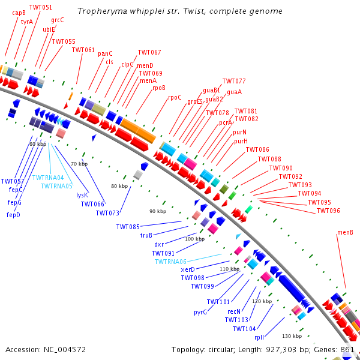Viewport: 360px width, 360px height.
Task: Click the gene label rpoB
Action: (159, 88)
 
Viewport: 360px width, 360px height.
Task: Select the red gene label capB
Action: (19, 13)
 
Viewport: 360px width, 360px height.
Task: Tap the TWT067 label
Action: (149, 52)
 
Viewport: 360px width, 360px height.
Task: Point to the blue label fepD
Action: (13, 215)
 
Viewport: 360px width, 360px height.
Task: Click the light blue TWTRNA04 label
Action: (48, 178)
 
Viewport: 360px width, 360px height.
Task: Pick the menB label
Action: (345, 232)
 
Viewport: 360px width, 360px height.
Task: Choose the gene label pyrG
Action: (200, 313)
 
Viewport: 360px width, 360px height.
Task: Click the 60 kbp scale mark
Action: (38, 144)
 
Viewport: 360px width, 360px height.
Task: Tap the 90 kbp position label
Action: (158, 211)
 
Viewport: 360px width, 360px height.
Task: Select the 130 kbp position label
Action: (292, 336)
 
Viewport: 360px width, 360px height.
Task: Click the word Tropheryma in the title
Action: (102, 11)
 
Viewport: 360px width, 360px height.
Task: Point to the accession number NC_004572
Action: (65, 350)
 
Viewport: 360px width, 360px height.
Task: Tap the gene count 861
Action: (347, 349)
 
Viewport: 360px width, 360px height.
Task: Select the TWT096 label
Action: (328, 211)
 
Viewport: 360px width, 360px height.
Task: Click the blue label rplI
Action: (259, 337)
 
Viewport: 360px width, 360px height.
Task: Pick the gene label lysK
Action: (82, 195)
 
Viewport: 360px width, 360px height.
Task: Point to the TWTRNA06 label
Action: (170, 262)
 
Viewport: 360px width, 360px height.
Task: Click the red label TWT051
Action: (41, 7)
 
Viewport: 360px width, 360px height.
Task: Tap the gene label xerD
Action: (188, 269)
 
